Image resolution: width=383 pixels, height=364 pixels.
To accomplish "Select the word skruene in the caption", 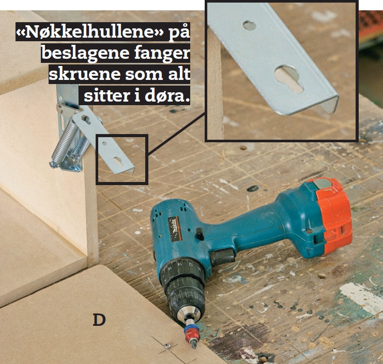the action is pyautogui.click(x=84, y=74).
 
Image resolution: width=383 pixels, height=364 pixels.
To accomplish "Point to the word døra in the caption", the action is pyautogui.click(x=167, y=95).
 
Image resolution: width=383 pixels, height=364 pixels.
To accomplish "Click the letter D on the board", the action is pyautogui.click(x=99, y=320).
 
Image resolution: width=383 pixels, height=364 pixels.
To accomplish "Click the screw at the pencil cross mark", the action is pyautogui.click(x=167, y=345).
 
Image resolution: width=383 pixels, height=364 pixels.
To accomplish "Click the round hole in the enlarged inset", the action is pyautogui.click(x=249, y=25).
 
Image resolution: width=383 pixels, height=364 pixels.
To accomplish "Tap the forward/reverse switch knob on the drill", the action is pyautogui.click(x=200, y=234).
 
